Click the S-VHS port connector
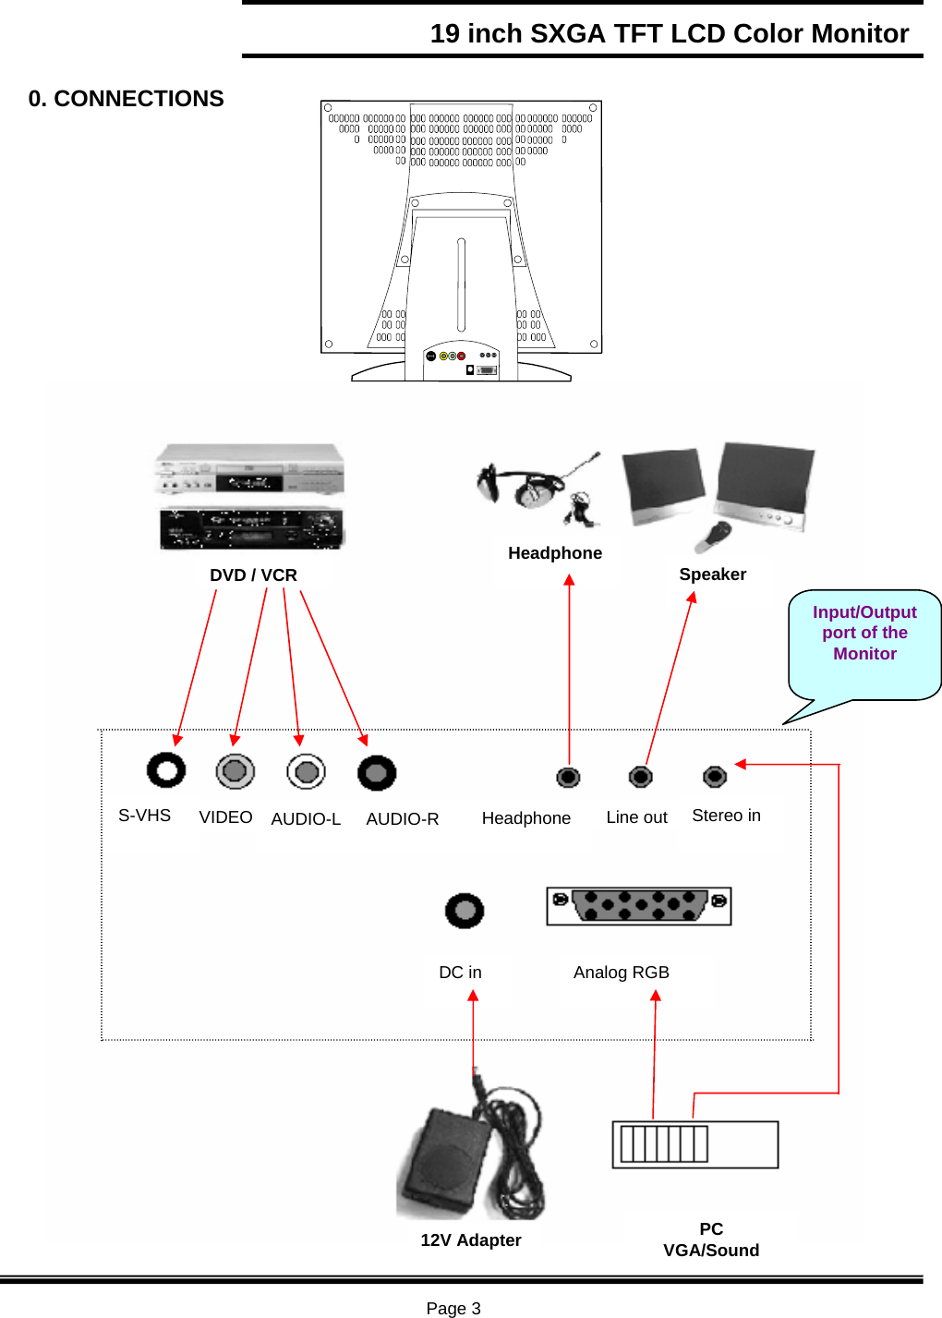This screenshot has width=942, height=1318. pos(166,770)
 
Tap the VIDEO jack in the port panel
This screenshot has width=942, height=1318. pos(235,771)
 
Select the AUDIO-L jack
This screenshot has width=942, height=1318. pos(306,771)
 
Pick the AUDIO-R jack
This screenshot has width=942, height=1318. pos(377,773)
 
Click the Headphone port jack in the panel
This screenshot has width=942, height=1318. pos(568,778)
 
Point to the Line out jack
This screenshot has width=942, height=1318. pos(641,777)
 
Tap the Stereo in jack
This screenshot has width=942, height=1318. pos(715,777)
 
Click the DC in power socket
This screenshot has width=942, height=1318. pos(465,911)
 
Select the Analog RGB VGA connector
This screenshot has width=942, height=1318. pos(639,906)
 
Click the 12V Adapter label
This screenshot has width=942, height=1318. pos(471,1239)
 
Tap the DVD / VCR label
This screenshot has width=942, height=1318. pos(254,574)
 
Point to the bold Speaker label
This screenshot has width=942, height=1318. pos(713,574)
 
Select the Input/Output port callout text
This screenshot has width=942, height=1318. pos(864,633)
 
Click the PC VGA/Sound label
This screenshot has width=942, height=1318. pos(711,1239)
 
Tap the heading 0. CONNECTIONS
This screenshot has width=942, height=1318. pos(126,98)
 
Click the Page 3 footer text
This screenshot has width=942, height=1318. pos(453,1308)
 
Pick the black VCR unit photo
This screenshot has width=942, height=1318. pos(252,527)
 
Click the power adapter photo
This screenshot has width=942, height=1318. pos(470,1147)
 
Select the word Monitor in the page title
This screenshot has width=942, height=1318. pos(860,33)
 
